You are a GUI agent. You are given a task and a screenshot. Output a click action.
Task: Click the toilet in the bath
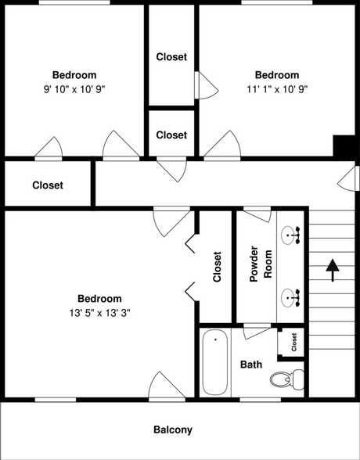click(x=283, y=381)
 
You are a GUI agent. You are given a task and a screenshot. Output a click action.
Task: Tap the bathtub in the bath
click(x=215, y=363)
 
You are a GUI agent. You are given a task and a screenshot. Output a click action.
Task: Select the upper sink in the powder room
click(x=291, y=233)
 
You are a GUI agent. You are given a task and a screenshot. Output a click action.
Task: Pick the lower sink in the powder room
click(x=291, y=296)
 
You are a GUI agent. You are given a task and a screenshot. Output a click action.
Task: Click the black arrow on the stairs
click(x=332, y=269)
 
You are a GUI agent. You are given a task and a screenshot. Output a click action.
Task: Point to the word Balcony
click(x=172, y=429)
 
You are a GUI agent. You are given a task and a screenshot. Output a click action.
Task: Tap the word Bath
click(x=251, y=365)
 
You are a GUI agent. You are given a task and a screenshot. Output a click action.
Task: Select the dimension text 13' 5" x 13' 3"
click(x=99, y=313)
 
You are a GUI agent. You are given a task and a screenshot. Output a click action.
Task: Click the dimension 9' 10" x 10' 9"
click(x=74, y=89)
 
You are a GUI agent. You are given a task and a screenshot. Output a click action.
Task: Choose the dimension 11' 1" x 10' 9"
click(x=276, y=89)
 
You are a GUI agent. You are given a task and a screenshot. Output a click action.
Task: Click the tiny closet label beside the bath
click(x=294, y=343)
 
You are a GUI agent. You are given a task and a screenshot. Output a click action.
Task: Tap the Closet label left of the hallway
click(x=48, y=185)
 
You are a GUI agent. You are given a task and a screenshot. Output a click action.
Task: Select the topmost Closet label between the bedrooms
click(x=171, y=56)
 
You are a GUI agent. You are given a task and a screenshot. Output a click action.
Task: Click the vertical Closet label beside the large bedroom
click(x=217, y=267)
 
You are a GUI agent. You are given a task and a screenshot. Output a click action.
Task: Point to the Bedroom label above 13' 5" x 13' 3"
click(x=99, y=299)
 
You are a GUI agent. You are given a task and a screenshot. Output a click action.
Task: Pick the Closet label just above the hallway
click(x=171, y=135)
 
